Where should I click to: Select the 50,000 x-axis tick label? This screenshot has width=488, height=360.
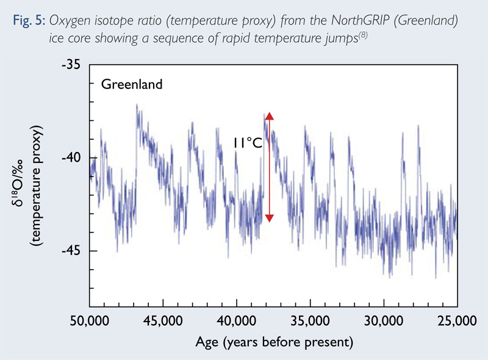[90, 320]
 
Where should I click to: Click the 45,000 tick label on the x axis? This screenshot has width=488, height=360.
[163, 320]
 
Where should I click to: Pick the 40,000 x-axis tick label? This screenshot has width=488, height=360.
[237, 320]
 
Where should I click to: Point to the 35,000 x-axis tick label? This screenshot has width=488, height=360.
[310, 320]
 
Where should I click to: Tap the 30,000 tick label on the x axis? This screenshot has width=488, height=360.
[384, 320]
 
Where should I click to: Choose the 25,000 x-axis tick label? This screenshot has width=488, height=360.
[457, 320]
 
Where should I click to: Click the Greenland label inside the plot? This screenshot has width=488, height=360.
[132, 84]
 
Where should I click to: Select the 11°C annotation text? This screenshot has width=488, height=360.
[247, 143]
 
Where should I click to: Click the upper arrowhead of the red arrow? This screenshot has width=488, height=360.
[269, 117]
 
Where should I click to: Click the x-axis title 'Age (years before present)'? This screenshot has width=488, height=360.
[273, 342]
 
